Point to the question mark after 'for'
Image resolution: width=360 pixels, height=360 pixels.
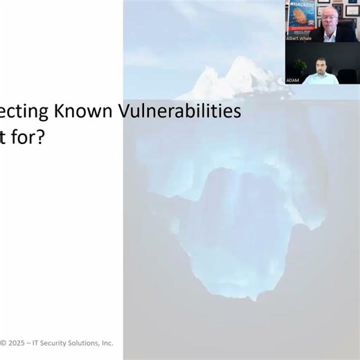(39, 138)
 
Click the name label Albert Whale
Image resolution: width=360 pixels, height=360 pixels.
(299, 38)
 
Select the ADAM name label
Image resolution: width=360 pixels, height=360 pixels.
(294, 81)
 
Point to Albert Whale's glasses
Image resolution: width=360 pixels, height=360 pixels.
(330, 15)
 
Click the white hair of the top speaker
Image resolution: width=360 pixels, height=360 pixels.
(330, 8)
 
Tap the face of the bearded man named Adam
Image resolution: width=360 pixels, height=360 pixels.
(321, 66)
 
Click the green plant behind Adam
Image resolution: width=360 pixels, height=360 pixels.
(300, 65)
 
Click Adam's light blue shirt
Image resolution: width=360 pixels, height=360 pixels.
(321, 78)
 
